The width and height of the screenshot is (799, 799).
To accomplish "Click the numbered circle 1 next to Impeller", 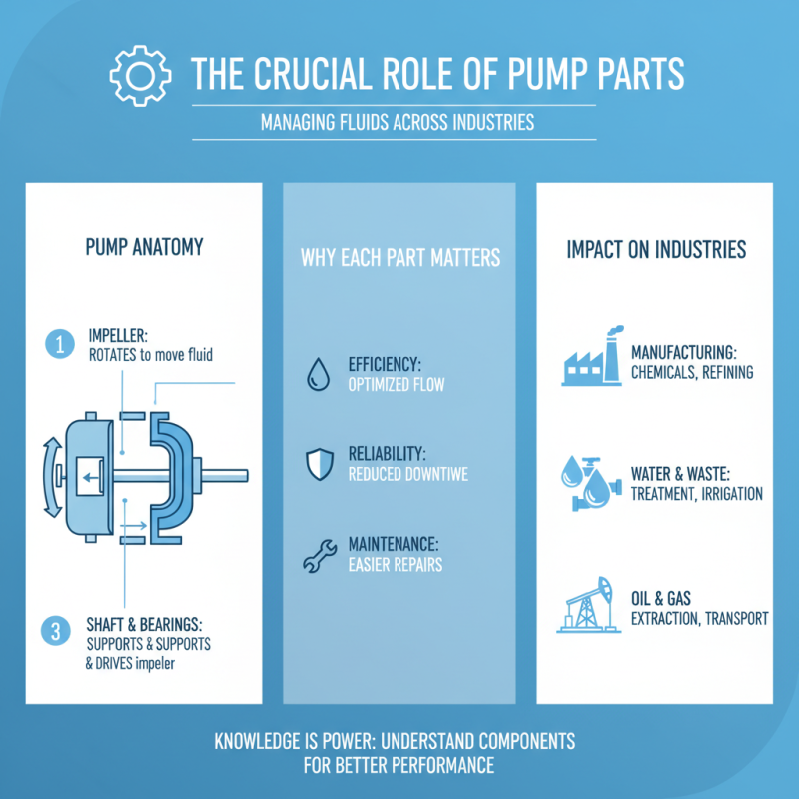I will [x=59, y=345].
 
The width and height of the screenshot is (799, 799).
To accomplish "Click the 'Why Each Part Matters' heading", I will [x=400, y=258].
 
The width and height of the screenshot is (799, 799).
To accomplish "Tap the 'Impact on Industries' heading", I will [x=656, y=249].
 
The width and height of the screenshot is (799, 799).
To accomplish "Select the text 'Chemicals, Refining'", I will [x=692, y=372].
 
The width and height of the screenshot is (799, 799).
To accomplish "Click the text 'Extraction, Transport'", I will [x=699, y=619].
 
